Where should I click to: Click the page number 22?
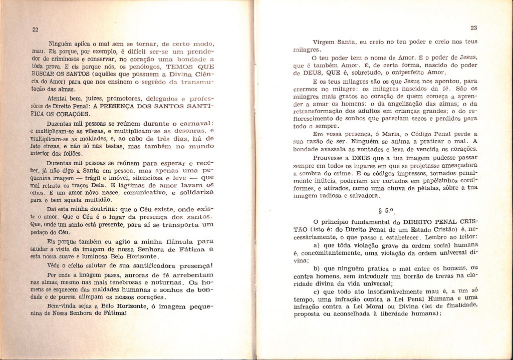35,30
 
